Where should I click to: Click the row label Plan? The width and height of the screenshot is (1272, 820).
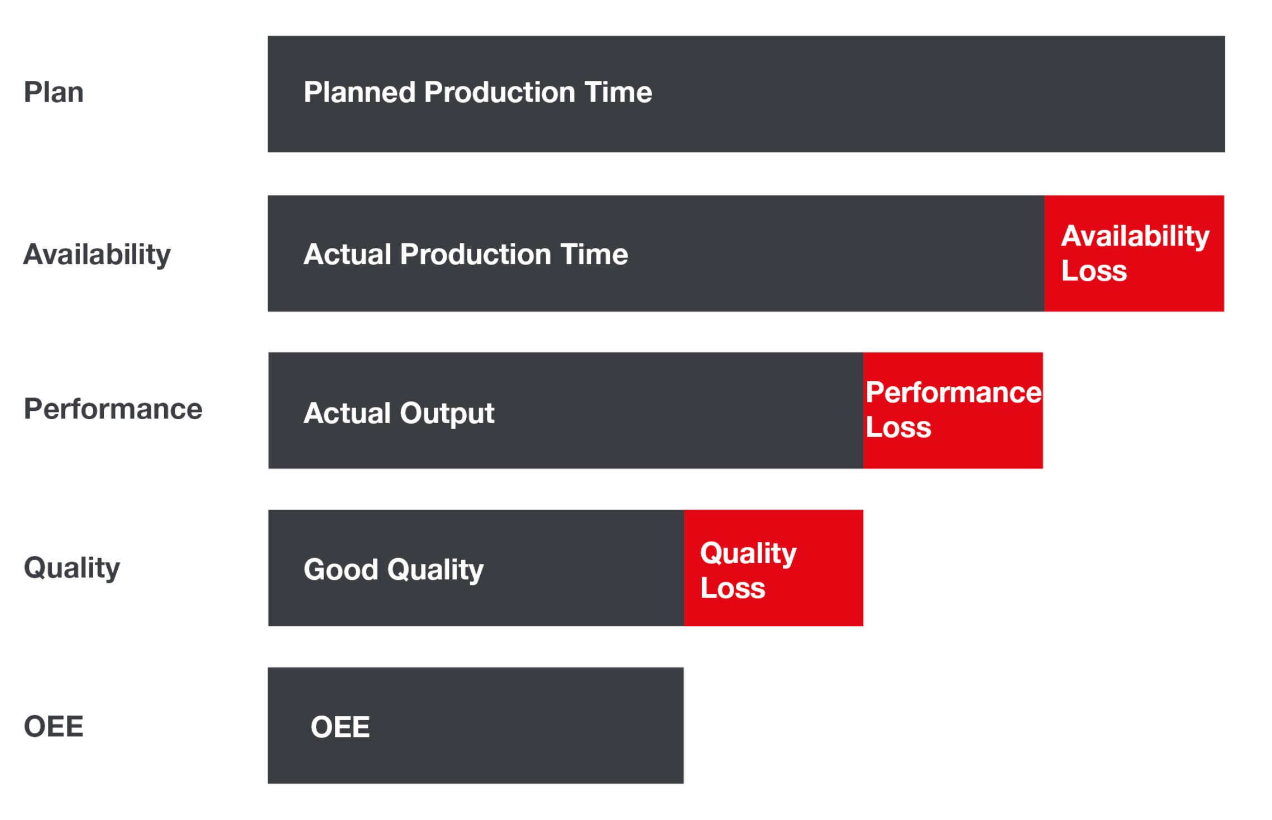54,92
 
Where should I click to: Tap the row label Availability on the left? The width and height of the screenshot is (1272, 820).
97,255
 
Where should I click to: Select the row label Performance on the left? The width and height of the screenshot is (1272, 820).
113,409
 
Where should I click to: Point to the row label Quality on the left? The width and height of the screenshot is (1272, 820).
72,568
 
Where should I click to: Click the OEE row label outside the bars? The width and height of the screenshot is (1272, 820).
54,727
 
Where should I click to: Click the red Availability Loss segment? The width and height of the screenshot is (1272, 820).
1134,253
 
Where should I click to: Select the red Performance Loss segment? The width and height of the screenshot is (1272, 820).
953,410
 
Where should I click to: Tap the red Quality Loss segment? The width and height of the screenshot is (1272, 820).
773,568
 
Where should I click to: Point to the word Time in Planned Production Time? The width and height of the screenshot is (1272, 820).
618,92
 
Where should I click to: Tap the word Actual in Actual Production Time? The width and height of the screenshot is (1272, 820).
347,255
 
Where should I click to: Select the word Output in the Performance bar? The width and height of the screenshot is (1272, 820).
447,414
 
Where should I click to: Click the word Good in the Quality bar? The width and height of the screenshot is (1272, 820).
341,570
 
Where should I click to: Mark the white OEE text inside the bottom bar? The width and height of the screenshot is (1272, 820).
340,727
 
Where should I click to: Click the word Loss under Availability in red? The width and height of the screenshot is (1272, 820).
1094,271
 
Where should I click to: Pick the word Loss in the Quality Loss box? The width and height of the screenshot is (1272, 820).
733,588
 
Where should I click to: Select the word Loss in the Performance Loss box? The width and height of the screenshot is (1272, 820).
898,428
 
